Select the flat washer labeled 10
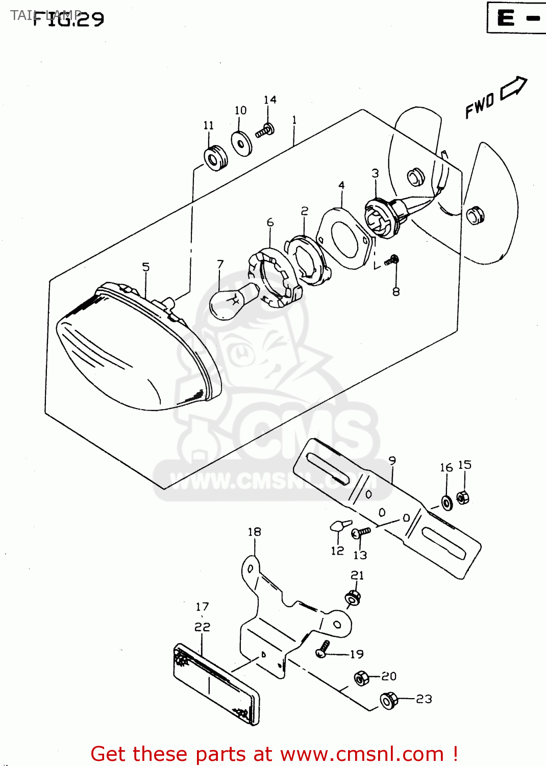[241, 143]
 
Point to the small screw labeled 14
[265, 131]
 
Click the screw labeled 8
[392, 260]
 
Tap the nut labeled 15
[463, 497]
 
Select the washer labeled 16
[447, 503]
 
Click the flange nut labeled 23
[389, 701]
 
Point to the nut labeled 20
[361, 678]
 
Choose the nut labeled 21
[353, 597]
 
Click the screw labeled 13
[360, 533]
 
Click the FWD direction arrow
[513, 88]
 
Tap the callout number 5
[146, 267]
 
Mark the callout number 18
[254, 532]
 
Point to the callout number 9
[392, 461]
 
